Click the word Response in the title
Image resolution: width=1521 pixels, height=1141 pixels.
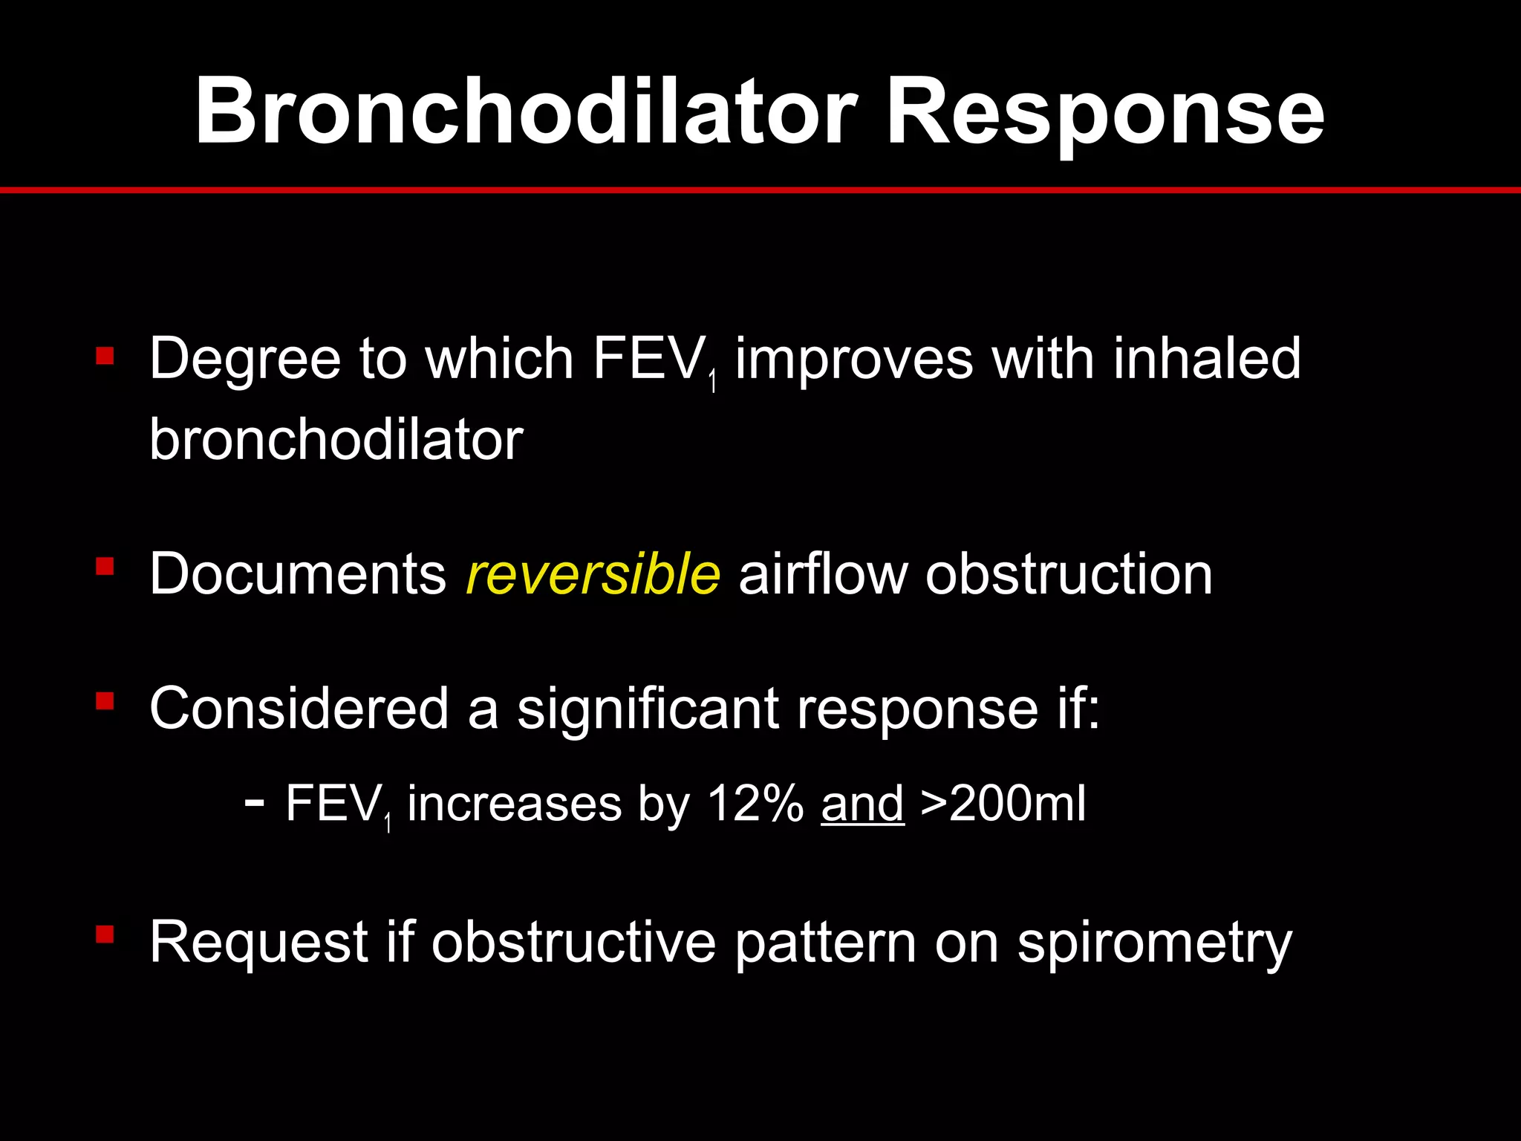pos(1105,111)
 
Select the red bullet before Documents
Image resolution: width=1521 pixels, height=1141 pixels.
pos(105,568)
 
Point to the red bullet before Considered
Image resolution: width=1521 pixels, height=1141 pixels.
pos(105,701)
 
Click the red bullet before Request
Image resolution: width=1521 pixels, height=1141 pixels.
pos(105,934)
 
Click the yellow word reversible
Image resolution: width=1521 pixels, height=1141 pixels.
pos(592,574)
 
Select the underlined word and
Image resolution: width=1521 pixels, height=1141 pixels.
pos(862,804)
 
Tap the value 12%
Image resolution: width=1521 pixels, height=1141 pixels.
pos(755,804)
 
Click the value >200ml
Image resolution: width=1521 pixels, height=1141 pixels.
pos(1003,804)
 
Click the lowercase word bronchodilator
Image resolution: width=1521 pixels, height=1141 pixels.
pos(336,439)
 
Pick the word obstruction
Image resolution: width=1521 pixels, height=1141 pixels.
pos(1069,574)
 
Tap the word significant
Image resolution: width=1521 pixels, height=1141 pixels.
pos(648,709)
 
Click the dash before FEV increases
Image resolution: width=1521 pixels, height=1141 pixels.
pos(254,802)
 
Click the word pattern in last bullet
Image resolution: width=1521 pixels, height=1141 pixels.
pos(825,943)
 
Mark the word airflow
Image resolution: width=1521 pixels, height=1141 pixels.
pos(822,574)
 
